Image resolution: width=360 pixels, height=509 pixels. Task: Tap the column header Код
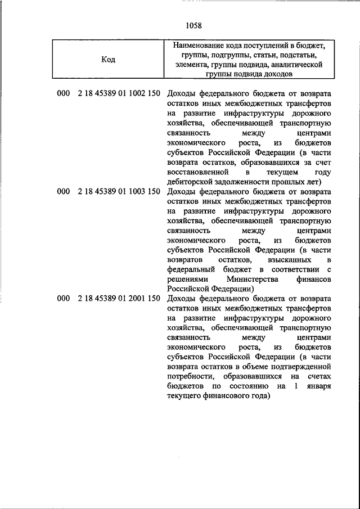(x=108, y=60)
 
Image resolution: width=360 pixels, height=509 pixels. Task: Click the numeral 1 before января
(x=295, y=386)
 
